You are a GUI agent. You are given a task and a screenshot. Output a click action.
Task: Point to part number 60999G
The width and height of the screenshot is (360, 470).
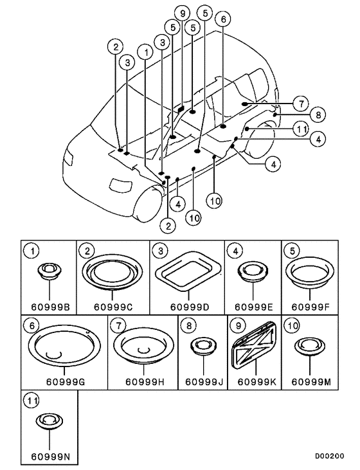click(63, 381)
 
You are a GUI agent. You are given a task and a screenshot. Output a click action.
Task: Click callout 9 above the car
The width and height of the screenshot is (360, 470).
click(183, 14)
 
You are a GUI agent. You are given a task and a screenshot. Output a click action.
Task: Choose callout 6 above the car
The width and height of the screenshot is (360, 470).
click(223, 20)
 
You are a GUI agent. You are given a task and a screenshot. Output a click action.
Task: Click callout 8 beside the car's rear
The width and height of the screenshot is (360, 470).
click(317, 115)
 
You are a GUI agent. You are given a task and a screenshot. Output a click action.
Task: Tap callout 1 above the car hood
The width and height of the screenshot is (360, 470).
click(148, 50)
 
